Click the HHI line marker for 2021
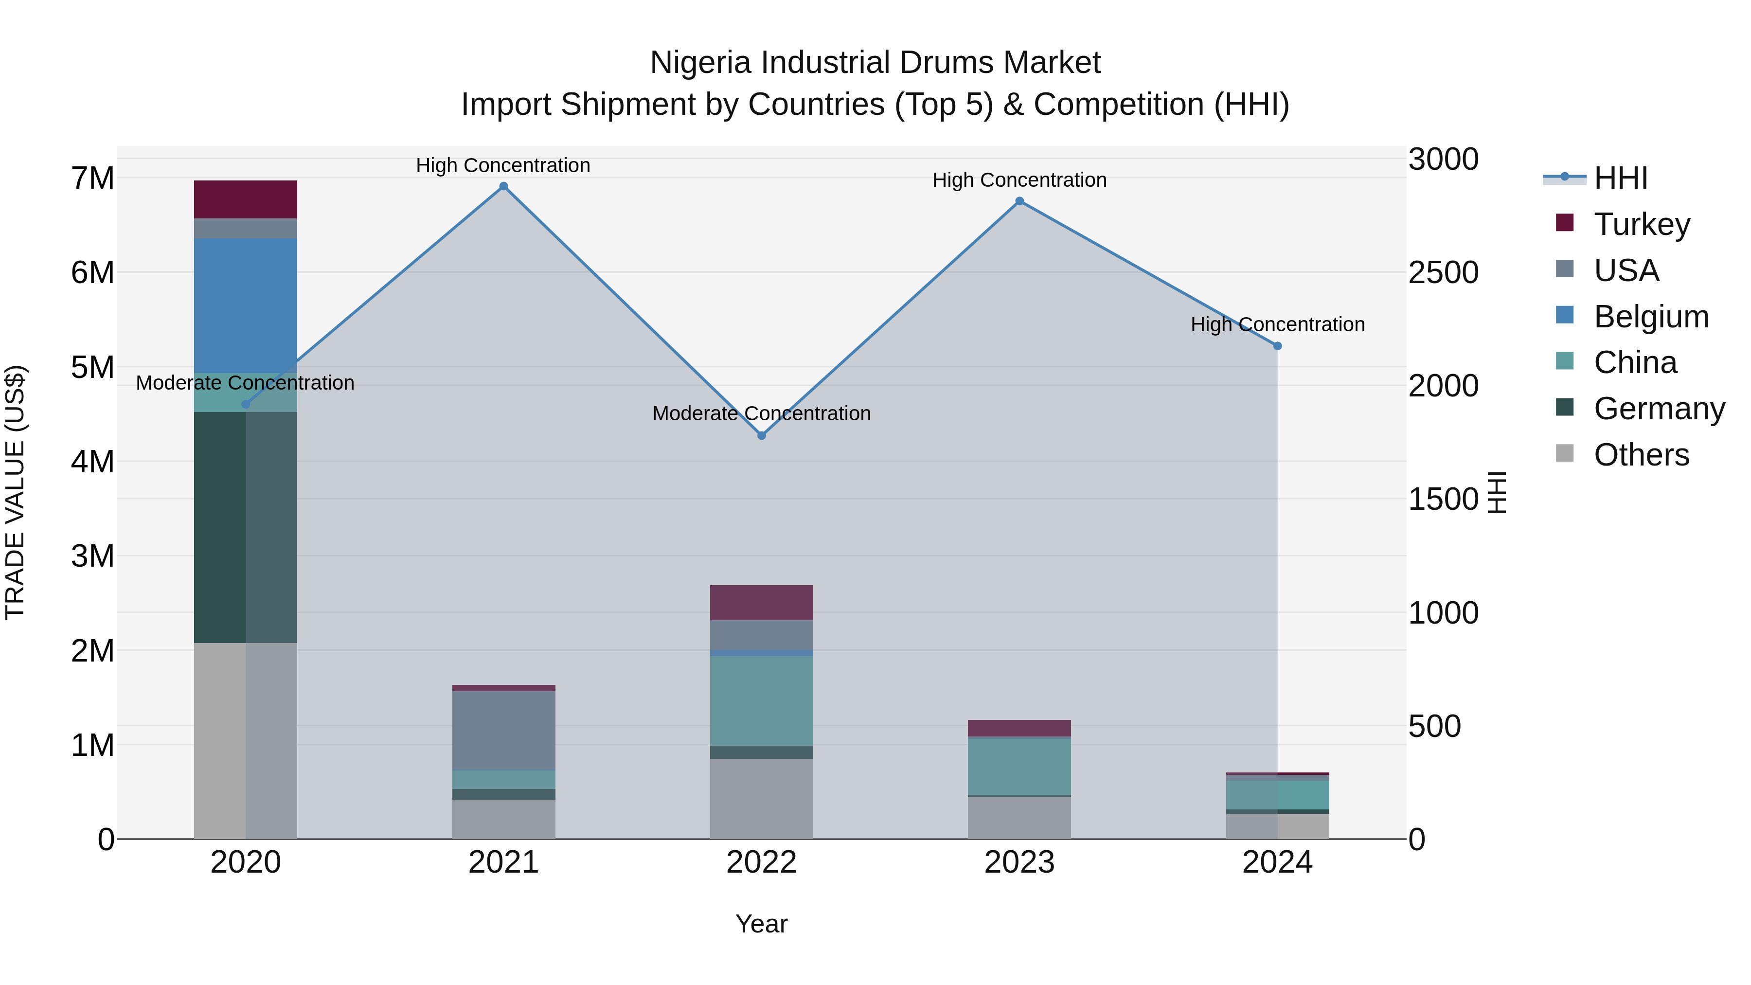pos(504,186)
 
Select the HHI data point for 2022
pos(761,435)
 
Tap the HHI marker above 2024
pos(1277,346)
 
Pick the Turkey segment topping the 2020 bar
pos(246,199)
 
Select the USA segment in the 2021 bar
pos(504,730)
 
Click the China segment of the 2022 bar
pos(761,700)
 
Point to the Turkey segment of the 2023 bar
pos(1019,728)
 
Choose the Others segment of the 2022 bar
pos(761,798)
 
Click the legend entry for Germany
pos(1659,409)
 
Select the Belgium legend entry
pos(1650,317)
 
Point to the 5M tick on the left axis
pos(92,367)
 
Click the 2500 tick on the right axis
pos(1443,272)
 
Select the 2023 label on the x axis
pos(1019,862)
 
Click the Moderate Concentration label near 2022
pos(761,413)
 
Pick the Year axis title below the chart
pos(761,924)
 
